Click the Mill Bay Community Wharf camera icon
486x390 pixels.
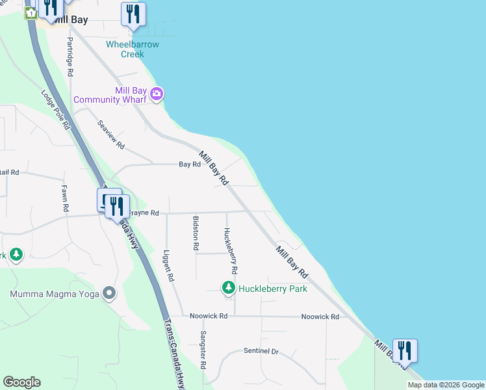click(x=157, y=95)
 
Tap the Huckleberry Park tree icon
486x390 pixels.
click(x=228, y=287)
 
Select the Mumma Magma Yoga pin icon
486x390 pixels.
click(x=109, y=294)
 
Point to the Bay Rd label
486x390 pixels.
click(x=190, y=164)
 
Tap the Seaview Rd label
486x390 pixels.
click(x=110, y=135)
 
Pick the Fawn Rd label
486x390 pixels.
click(x=65, y=199)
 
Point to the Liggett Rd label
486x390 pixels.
click(x=169, y=266)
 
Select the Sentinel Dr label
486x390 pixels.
click(x=261, y=351)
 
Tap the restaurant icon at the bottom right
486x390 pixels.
click(x=405, y=350)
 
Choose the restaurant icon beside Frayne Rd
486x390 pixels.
click(x=116, y=206)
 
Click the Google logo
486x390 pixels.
click(x=21, y=382)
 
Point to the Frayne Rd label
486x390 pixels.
click(x=144, y=213)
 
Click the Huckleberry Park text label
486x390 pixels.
click(x=272, y=289)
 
